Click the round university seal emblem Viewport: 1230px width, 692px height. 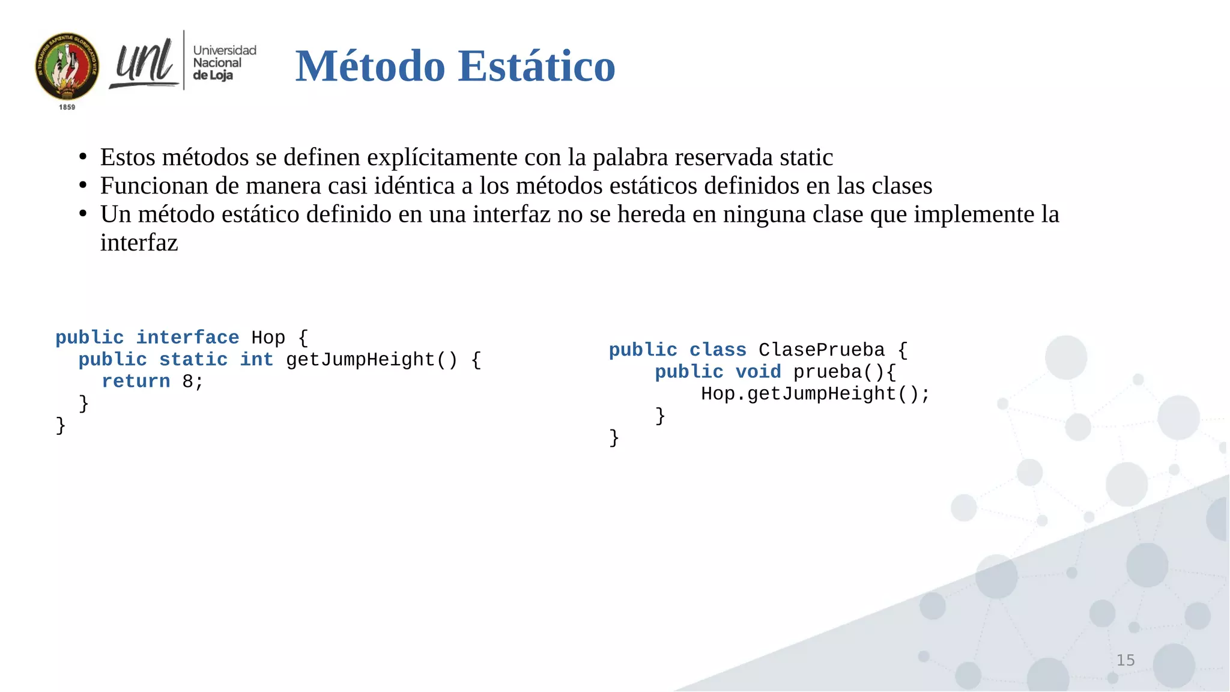(67, 66)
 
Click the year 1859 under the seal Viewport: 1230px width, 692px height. (67, 107)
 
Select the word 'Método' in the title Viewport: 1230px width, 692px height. (370, 65)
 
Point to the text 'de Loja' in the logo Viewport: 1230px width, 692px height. (213, 76)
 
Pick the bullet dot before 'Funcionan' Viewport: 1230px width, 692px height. (83, 186)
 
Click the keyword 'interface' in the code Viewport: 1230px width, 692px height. (187, 338)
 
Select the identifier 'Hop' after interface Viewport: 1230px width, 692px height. (268, 338)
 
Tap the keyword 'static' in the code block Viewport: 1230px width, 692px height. (193, 360)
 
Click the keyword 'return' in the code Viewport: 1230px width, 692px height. (136, 381)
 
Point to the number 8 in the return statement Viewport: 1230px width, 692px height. (188, 381)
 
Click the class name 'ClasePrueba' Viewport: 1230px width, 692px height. (822, 350)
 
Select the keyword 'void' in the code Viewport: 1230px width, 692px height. (758, 372)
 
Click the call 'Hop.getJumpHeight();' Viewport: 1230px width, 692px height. (815, 394)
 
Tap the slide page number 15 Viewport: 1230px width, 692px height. (1125, 660)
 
